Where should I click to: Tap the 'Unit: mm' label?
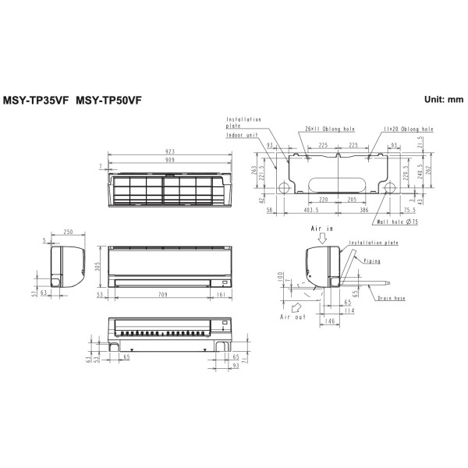pos(444,100)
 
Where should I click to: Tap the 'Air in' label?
pos(321,229)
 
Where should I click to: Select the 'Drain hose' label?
pos(389,298)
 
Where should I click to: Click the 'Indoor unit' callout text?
pos(243,135)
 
